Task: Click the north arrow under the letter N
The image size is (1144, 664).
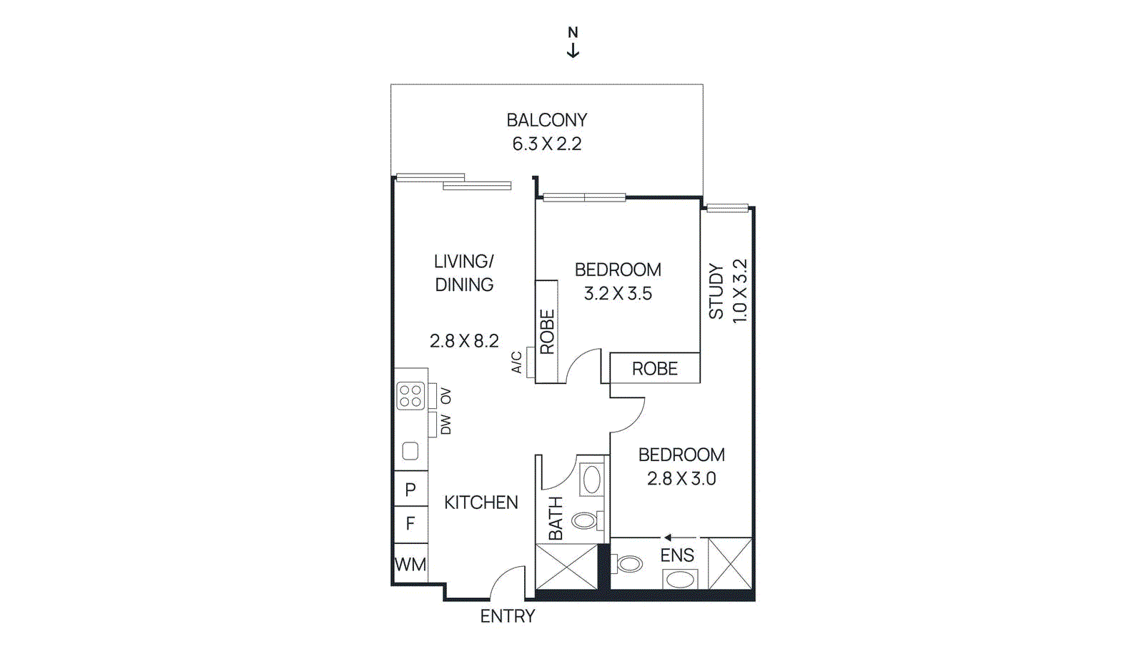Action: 573,51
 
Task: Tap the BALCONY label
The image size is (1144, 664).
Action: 547,120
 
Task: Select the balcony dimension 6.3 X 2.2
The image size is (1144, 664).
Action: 547,144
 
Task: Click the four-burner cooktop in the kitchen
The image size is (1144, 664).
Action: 410,396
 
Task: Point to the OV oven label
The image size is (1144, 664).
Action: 445,396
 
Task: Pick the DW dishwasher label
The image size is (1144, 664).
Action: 445,425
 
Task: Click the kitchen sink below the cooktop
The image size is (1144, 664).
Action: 410,451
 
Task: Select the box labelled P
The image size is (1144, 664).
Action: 410,490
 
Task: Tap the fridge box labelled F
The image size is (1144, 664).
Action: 410,524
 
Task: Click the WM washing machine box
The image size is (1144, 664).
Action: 410,565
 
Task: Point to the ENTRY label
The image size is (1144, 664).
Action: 508,616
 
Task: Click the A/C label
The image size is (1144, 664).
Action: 516,362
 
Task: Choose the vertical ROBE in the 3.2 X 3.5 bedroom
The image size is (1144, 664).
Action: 547,332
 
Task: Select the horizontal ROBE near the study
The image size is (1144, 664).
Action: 654,369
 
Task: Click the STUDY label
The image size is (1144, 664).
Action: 716,291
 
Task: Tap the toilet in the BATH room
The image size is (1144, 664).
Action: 586,520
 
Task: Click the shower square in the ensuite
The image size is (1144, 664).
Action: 730,564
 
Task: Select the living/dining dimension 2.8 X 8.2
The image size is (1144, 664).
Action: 464,341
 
